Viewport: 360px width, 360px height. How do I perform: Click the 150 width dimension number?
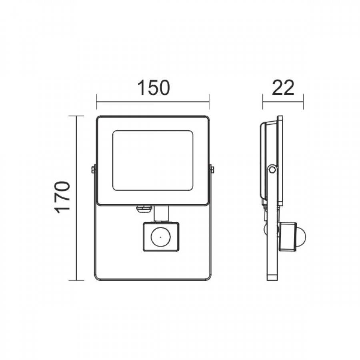pos(154,88)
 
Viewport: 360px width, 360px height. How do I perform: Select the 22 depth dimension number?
pos(283,88)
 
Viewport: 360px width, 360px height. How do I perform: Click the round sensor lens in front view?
pos(160,237)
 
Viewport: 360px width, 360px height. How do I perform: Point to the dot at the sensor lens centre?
pos(160,237)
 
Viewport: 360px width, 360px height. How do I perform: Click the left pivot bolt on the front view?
pos(93,170)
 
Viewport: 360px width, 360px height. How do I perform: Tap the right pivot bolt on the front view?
pos(212,170)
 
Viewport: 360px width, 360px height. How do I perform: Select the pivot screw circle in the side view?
pos(272,170)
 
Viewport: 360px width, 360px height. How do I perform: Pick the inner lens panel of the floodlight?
pos(153,160)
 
